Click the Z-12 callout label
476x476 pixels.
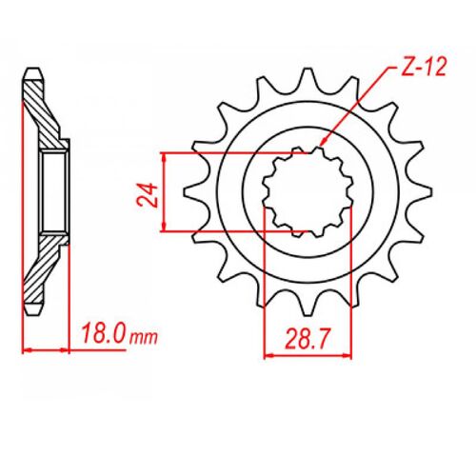pyautogui.click(x=424, y=68)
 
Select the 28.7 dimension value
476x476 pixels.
pyautogui.click(x=308, y=339)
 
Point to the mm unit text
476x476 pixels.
pyautogui.click(x=144, y=338)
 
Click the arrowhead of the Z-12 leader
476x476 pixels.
pyautogui.click(x=324, y=142)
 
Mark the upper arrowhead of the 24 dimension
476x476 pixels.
pyautogui.click(x=164, y=157)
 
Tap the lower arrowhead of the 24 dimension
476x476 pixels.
pyautogui.click(x=164, y=227)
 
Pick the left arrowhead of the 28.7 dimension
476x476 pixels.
pyautogui.click(x=269, y=356)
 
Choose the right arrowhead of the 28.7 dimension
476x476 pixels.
pyautogui.click(x=347, y=356)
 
